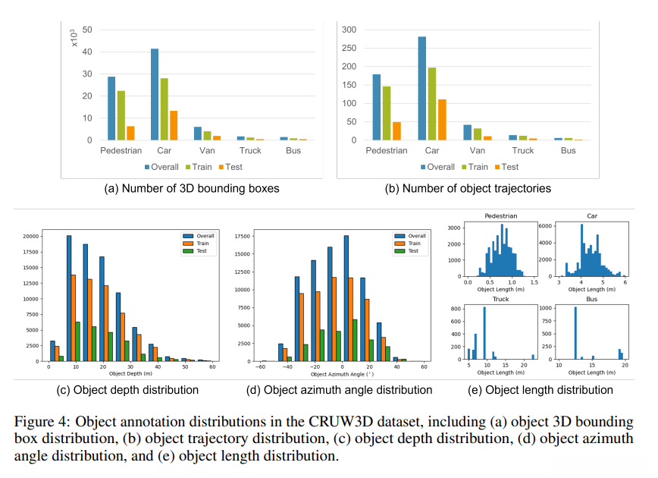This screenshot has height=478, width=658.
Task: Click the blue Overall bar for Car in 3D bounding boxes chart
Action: [x=155, y=95]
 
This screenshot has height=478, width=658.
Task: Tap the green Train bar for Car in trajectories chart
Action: [x=432, y=104]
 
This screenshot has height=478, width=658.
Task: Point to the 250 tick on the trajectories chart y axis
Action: [x=350, y=48]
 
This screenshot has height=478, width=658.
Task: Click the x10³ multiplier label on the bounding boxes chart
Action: [x=74, y=38]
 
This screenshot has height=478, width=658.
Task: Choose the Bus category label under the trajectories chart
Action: [x=569, y=151]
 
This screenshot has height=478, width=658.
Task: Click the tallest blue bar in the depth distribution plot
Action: [x=69, y=298]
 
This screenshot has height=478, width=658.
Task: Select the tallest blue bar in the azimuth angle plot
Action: [x=346, y=298]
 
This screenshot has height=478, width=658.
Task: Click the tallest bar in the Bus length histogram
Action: [x=575, y=333]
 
